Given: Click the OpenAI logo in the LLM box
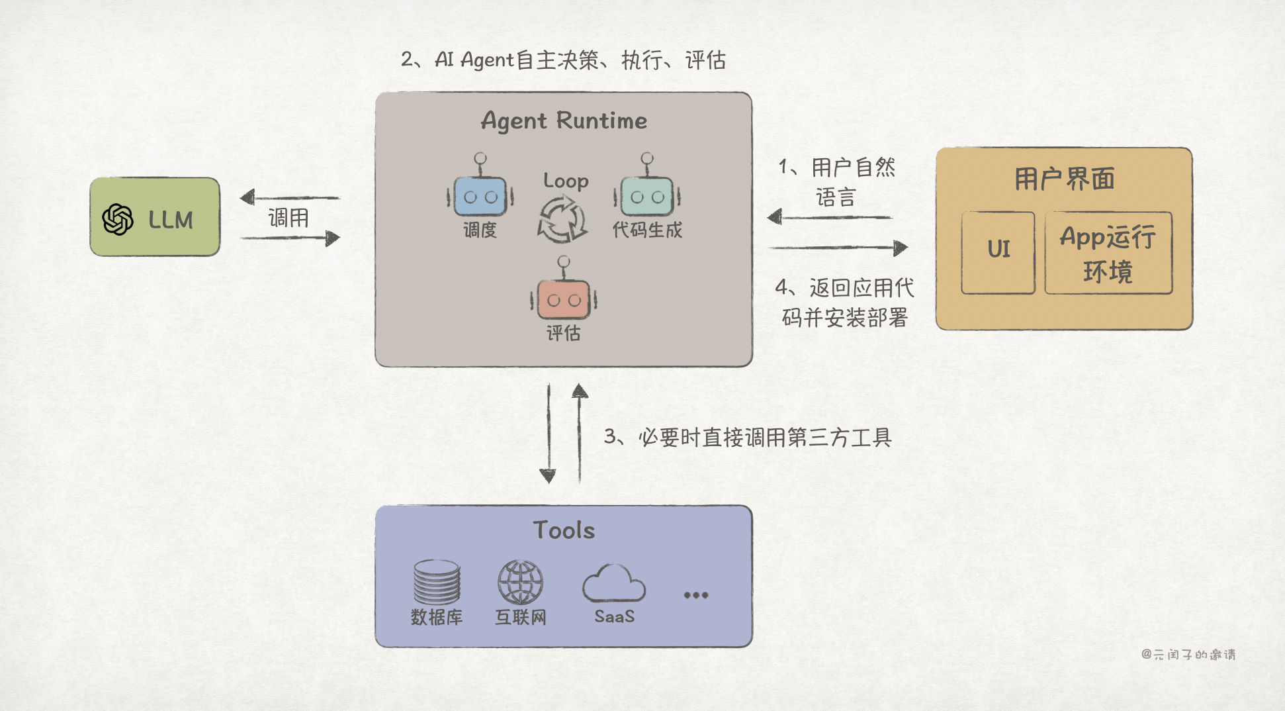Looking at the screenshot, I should (118, 219).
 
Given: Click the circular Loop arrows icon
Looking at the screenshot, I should (562, 220).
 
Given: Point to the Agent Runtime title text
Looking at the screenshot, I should (564, 120).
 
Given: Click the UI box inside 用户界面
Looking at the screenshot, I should (998, 252).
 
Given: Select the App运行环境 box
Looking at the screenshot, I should (1108, 252).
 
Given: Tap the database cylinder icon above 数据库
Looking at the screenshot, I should (437, 582).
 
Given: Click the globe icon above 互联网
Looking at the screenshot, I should (521, 582).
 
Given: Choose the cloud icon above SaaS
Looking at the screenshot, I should (613, 583).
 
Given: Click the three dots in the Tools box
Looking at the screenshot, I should (696, 595).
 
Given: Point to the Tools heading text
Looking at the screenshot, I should (564, 530).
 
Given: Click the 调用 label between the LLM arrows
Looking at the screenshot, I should (288, 218).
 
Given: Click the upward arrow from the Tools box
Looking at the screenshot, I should (580, 434).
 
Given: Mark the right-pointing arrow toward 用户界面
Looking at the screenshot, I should (838, 248).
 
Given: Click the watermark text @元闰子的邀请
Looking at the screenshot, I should (1188, 654).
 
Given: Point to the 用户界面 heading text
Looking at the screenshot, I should (1064, 179).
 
